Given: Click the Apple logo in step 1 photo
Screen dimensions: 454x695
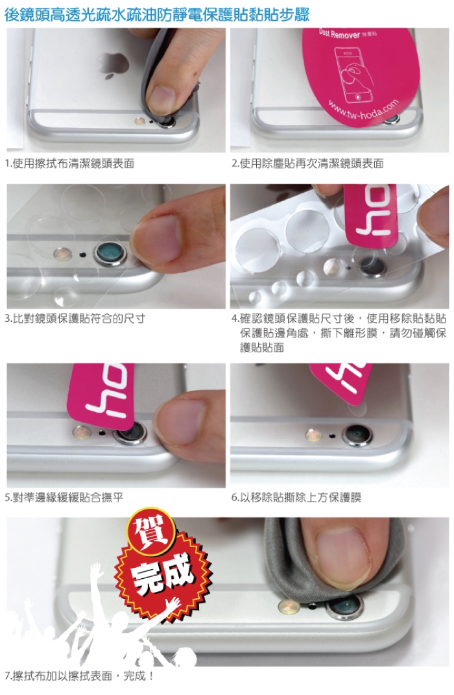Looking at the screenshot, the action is coord(113,65).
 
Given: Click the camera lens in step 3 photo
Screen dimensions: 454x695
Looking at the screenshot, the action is coord(110,254).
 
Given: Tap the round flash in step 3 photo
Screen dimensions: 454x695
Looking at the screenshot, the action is coord(62,254).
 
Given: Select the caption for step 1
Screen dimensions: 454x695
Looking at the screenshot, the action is coord(69,164).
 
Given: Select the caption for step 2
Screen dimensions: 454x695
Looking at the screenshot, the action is coord(307,164).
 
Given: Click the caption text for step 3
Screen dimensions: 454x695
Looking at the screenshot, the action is coord(75,318).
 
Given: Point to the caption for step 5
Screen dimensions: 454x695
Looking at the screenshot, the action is coord(64,497).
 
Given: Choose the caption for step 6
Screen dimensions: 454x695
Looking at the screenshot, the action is coord(296,497).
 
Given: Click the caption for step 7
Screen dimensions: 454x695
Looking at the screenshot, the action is coord(80,676).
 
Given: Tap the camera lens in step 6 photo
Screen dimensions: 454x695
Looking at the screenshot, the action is coord(357,435).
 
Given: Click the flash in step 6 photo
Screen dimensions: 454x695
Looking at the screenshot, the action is coord(313,435).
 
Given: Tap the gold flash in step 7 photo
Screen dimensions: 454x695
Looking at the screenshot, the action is coord(289,606).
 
